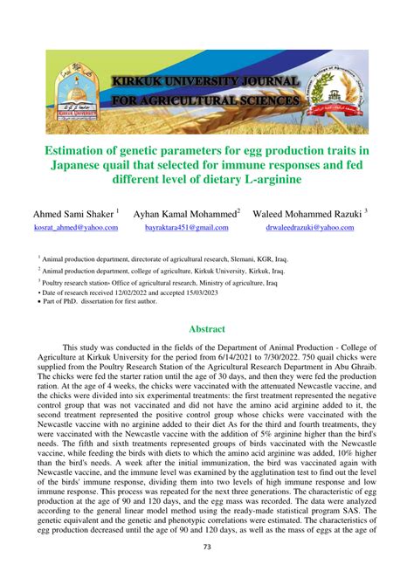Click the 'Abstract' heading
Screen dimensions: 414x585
coord(207,329)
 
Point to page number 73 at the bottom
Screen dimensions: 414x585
coord(207,572)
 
